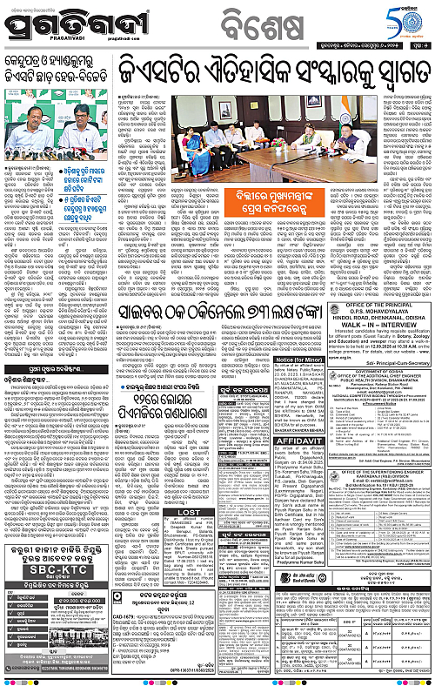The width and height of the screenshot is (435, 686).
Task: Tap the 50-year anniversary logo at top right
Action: click(x=405, y=18)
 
